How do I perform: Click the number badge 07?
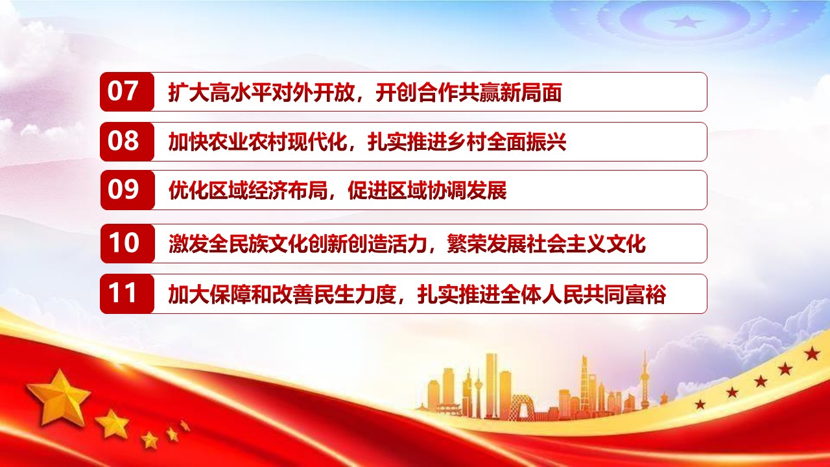(x=126, y=91)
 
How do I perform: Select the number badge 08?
(x=126, y=141)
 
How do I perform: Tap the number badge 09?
(x=126, y=190)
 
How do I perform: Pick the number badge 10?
(x=126, y=243)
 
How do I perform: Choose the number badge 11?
(x=126, y=294)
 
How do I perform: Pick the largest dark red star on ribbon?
(x=812, y=353)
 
